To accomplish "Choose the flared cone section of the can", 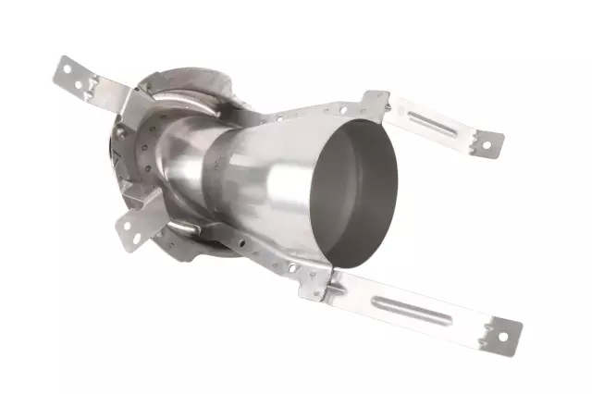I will pyautogui.click(x=277, y=185).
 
